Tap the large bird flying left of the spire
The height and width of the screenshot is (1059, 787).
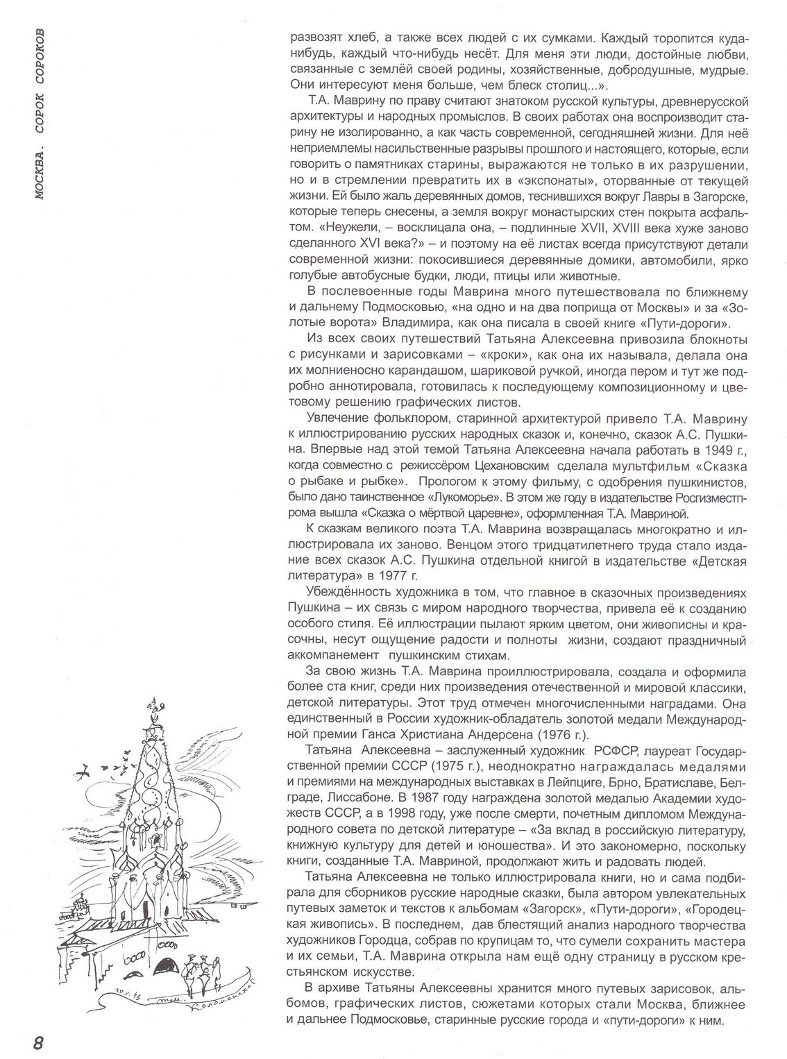coord(84,771)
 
